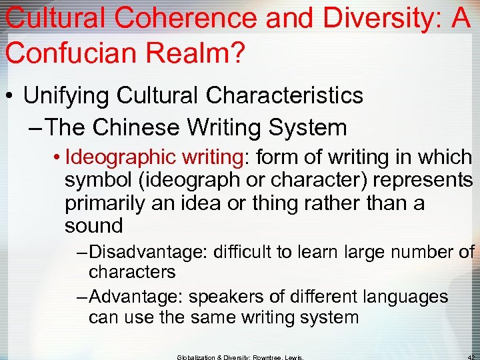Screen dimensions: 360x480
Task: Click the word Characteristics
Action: pyautogui.click(x=285, y=95)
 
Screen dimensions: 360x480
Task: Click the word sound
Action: pyautogui.click(x=94, y=226)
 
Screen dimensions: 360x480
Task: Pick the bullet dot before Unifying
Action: pyautogui.click(x=10, y=95)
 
